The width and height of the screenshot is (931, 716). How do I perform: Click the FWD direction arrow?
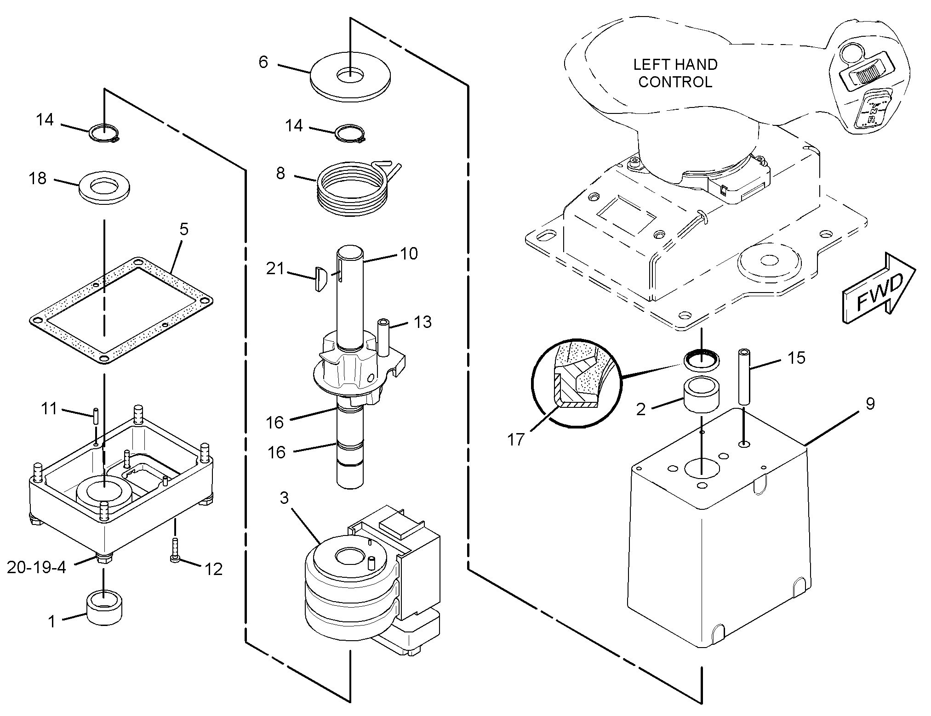878,292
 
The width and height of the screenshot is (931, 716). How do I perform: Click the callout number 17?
516,440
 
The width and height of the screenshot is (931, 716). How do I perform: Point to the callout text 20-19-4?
36,567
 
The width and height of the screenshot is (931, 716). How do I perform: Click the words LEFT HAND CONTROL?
675,73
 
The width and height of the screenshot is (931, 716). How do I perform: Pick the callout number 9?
870,404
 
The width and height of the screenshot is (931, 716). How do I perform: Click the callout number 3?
284,497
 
